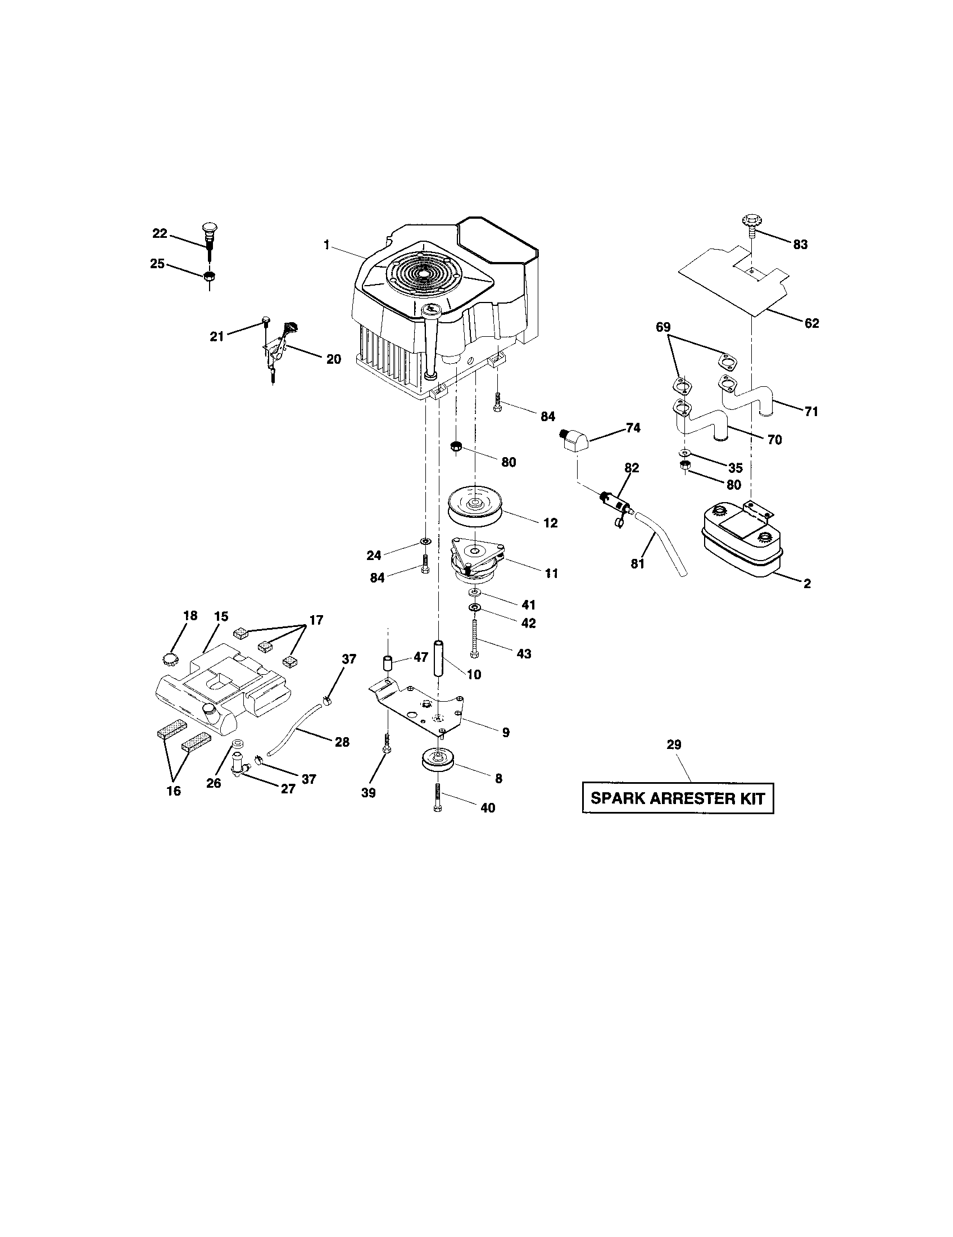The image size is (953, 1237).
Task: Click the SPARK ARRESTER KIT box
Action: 678,798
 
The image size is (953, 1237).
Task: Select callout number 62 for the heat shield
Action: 811,323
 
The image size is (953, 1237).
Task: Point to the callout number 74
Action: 633,428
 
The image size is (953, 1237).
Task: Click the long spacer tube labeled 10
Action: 438,658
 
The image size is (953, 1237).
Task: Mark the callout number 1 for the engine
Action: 326,245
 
